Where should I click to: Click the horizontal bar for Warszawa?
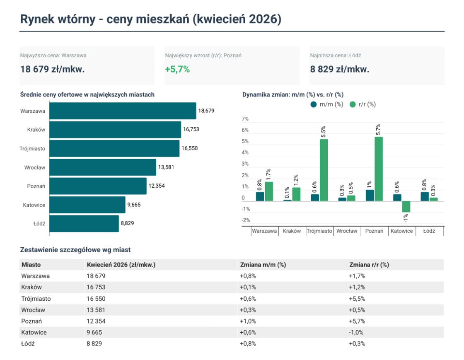123,111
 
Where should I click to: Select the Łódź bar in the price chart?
84,223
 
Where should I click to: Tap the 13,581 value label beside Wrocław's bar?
166,167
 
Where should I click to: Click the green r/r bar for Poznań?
379,169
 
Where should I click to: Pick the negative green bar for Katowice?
406,206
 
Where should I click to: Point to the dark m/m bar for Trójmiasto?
315,198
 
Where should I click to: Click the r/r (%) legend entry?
363,104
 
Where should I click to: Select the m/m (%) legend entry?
327,104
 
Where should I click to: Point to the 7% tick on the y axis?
245,119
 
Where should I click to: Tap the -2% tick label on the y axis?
246,220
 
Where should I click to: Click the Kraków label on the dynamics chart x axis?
292,231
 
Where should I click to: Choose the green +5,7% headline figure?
177,69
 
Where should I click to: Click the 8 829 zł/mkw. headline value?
340,69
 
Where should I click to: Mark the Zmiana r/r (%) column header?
369,265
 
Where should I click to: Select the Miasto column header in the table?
31,265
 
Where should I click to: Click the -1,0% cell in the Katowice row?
356,333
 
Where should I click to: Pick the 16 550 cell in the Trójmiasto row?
96,299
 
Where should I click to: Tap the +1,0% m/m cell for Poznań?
248,321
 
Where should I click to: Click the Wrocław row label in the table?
33,310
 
